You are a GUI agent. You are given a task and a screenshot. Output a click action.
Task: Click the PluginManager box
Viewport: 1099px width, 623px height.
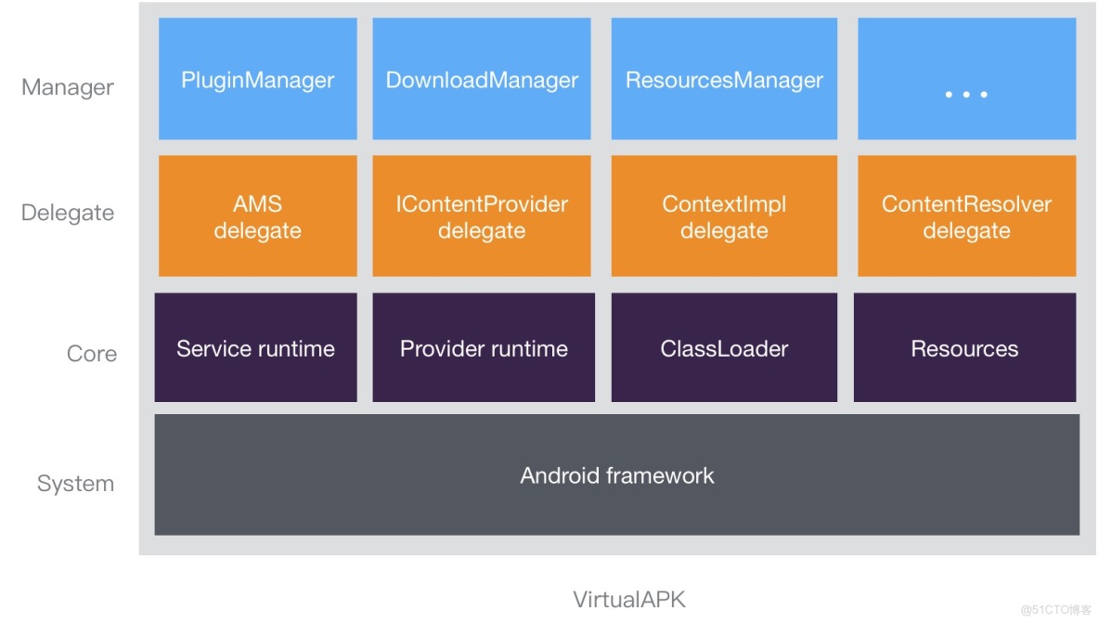pos(257,80)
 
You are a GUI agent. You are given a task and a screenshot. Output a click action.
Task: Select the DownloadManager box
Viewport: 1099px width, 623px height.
pos(482,80)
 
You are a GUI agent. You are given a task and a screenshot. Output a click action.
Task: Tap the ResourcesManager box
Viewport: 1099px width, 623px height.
pos(724,80)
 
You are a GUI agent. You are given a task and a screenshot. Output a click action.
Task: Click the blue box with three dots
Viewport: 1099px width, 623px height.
pos(966,80)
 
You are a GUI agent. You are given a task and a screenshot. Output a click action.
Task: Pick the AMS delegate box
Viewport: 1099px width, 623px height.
pos(257,216)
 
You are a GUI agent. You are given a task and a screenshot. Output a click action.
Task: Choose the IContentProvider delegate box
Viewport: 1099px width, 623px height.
pos(482,216)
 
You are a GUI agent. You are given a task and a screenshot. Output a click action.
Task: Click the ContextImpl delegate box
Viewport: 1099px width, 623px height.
pos(724,216)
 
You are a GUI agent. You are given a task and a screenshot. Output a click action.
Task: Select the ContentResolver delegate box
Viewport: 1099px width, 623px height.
pos(966,216)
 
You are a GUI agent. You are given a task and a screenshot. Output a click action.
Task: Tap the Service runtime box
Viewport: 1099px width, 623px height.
pos(255,348)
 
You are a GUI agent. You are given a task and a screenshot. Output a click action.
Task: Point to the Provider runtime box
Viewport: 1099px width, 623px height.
pos(484,348)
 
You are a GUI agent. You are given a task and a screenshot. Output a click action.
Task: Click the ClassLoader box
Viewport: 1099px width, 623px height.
pos(724,348)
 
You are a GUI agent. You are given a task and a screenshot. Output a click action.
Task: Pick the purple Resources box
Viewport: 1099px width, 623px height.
pos(964,348)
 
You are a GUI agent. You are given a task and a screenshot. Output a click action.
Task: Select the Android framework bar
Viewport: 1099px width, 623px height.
pos(616,475)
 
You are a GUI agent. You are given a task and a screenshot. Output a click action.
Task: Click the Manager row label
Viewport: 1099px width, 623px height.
pos(68,87)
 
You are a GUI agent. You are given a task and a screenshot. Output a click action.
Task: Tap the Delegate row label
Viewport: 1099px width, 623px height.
pos(68,213)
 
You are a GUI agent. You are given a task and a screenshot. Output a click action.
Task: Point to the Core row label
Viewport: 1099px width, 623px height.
pos(92,354)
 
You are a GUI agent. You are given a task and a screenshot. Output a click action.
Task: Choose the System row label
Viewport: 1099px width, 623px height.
pos(75,484)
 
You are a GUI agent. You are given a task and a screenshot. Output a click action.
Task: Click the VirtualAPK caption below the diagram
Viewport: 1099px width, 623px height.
pos(629,599)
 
